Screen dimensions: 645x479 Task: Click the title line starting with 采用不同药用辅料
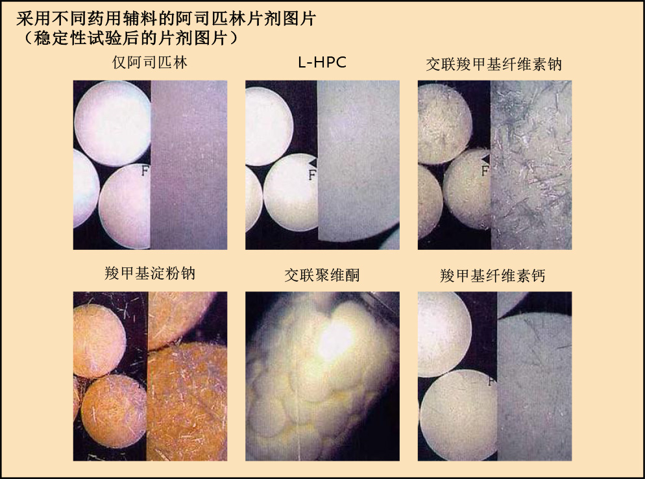[165, 19]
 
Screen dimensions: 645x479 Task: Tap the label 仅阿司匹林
[150, 62]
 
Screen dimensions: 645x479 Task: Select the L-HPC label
[322, 62]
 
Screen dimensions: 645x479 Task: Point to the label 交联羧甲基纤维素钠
[494, 64]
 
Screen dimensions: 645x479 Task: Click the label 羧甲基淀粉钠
[150, 273]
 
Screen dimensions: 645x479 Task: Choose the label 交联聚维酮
[322, 275]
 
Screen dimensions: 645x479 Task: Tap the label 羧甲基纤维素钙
[493, 275]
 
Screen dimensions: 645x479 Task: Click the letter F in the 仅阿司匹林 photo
[145, 170]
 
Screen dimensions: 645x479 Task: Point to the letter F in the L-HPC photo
[312, 175]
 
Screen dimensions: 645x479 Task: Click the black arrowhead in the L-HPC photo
[313, 162]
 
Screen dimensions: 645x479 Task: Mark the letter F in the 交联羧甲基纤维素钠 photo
[485, 170]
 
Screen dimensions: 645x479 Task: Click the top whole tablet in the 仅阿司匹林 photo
[112, 123]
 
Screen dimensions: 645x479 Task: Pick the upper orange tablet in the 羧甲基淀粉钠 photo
[99, 341]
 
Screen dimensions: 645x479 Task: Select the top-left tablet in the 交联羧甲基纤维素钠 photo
[444, 124]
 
